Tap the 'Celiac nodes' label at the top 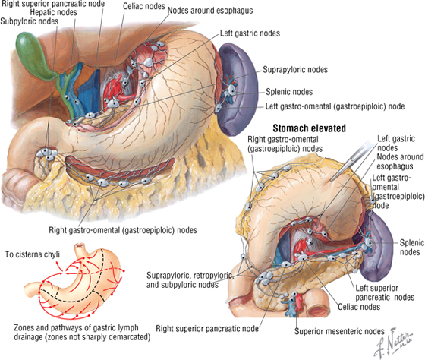coord(144,6)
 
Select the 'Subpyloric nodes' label coord(30,21)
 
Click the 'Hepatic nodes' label coord(53,12)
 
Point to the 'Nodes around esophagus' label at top coord(210,11)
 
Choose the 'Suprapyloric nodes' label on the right coord(295,70)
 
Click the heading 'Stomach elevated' coord(310,128)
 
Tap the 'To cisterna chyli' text coord(32,254)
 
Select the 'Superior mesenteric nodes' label coord(339,331)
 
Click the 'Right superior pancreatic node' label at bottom coord(207,329)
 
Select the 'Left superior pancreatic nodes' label coord(385,292)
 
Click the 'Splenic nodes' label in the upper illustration coord(289,92)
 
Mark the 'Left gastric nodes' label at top coord(250,33)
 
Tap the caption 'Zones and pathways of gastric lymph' coord(76,327)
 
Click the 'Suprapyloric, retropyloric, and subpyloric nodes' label coord(190,280)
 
